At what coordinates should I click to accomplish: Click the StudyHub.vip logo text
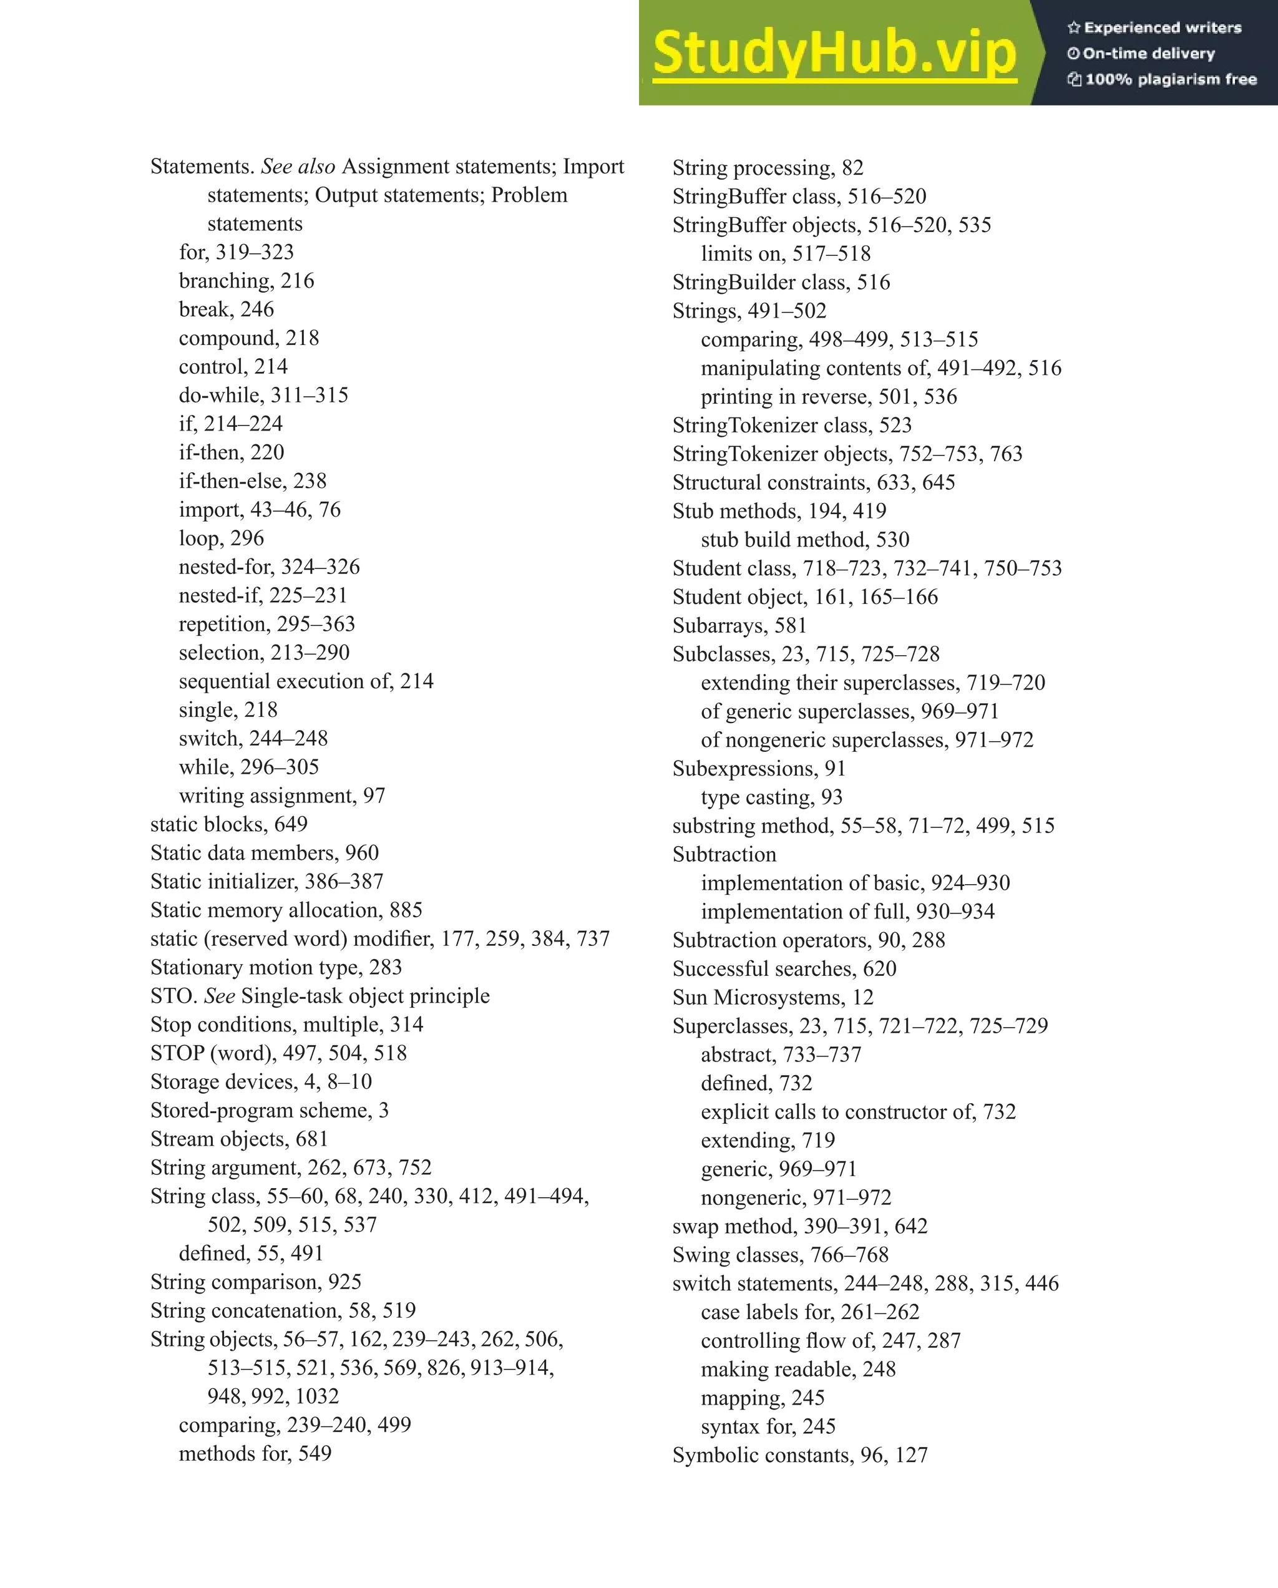834,53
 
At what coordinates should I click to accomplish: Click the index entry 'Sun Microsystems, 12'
773,997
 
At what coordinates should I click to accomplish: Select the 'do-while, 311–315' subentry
263,396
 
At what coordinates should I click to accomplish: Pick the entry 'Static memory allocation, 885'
286,910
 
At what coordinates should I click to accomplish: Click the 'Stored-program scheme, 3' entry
269,1111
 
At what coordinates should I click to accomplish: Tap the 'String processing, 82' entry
768,168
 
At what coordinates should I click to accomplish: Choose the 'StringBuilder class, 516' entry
781,282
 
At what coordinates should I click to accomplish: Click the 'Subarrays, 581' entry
739,625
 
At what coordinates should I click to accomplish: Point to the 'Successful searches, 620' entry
784,968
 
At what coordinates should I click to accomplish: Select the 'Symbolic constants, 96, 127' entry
799,1456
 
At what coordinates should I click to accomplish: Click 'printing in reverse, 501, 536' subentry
829,397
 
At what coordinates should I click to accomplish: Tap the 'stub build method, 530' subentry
804,540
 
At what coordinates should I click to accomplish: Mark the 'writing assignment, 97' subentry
281,796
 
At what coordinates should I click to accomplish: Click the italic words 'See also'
298,167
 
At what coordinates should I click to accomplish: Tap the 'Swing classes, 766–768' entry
780,1255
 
